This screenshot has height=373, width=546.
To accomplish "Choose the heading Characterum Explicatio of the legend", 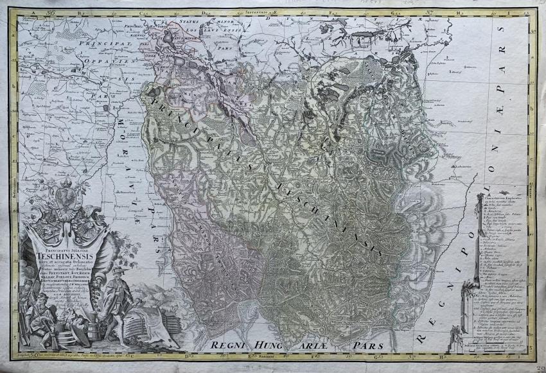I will tap(504, 200).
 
